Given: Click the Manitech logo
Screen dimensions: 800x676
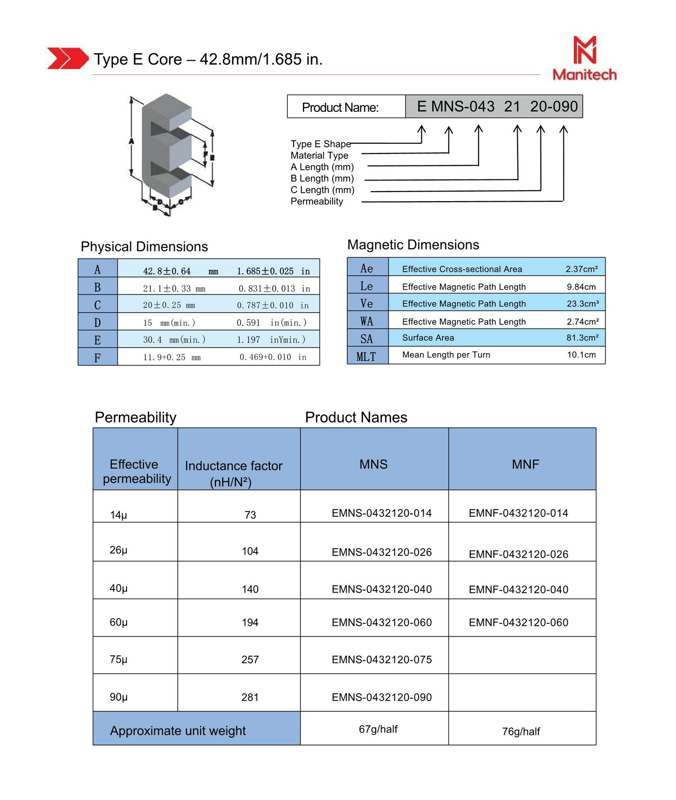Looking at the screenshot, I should pyautogui.click(x=584, y=58).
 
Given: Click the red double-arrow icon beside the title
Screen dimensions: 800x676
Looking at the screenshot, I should pyautogui.click(x=68, y=58).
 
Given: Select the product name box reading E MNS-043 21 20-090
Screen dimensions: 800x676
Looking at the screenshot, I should pyautogui.click(x=493, y=106).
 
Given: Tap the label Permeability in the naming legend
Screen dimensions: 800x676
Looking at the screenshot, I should pyautogui.click(x=317, y=201).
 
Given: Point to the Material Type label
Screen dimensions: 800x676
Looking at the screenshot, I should pyautogui.click(x=319, y=155).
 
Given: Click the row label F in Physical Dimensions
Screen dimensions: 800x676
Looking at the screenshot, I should pyautogui.click(x=98, y=358).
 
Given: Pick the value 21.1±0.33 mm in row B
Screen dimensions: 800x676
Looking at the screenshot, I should pyautogui.click(x=174, y=289).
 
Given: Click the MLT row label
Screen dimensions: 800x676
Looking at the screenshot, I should pyautogui.click(x=366, y=357).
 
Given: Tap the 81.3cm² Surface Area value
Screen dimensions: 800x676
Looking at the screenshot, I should pyautogui.click(x=582, y=338).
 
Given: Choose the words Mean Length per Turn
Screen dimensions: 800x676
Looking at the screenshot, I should pyautogui.click(x=446, y=355).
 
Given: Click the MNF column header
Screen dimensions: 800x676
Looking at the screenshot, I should pyautogui.click(x=525, y=464).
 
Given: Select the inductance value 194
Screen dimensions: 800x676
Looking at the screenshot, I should pyautogui.click(x=250, y=622).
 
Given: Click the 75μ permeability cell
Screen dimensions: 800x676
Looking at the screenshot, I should pyautogui.click(x=119, y=659).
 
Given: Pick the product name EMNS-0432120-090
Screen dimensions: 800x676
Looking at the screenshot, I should pyautogui.click(x=381, y=697).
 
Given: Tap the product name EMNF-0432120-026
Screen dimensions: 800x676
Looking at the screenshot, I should pyautogui.click(x=518, y=554).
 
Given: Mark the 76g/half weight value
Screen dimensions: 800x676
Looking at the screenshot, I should pyautogui.click(x=521, y=731).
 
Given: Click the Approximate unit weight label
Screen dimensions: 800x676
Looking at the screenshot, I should pyautogui.click(x=178, y=731).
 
